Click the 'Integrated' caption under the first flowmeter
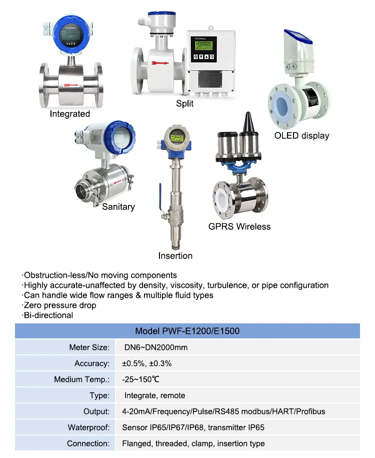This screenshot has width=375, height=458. tap(69, 114)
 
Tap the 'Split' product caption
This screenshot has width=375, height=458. tap(184, 104)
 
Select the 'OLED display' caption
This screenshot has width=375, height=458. tap(301, 136)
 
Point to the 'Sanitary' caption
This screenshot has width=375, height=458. tap(118, 207)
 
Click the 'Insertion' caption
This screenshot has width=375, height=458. tap(175, 256)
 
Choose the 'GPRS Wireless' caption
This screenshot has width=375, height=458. tap(239, 227)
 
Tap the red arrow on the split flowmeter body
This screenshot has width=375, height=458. tap(160, 63)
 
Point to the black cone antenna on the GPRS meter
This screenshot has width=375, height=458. tap(247, 123)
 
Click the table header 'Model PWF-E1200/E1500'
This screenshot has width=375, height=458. tap(187, 331)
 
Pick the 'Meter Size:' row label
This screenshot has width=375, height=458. tap(89, 347)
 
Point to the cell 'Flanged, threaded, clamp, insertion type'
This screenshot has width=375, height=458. tap(193, 443)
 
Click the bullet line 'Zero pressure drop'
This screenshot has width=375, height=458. tap(59, 305)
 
